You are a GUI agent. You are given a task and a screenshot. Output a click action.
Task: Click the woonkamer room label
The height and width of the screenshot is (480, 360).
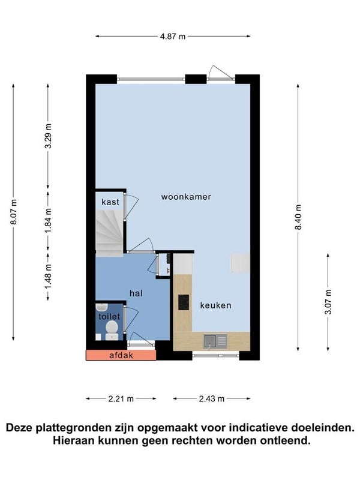pos(186,197)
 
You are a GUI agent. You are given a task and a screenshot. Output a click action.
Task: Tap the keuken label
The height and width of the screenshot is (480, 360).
pos(215,305)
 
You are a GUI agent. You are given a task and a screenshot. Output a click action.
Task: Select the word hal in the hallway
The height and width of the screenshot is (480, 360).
pos(136,293)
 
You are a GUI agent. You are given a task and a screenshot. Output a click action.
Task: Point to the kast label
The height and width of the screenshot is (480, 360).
pos(110,202)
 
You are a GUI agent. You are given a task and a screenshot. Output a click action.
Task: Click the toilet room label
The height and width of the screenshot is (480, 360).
pos(109,317)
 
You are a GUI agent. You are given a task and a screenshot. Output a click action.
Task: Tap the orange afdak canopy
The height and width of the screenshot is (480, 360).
pos(121,355)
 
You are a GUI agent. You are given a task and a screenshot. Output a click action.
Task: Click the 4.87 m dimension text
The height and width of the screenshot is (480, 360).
pos(173,37)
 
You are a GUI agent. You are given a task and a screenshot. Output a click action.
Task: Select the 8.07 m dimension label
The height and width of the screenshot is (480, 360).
pos(14,212)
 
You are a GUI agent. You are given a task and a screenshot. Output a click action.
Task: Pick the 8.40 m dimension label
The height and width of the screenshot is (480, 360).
pos(298,217)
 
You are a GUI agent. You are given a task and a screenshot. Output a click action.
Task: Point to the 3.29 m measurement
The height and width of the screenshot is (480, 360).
pos(48,136)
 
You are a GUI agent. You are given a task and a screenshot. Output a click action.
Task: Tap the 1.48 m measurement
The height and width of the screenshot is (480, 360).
pos(48,277)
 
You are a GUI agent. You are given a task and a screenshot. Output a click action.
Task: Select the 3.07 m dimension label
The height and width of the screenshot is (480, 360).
pos(328,302)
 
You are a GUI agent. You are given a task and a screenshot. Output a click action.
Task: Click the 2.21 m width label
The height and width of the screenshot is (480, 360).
pos(121,399)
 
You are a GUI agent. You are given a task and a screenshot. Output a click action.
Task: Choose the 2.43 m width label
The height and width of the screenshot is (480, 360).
pos(212,399)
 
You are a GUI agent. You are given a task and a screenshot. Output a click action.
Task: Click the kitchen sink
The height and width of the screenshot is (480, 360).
pos(215,341)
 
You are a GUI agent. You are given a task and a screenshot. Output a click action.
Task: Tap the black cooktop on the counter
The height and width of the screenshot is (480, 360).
pos(184,302)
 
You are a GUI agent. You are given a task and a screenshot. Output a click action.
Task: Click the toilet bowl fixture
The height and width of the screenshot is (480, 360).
pos(112,330)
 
